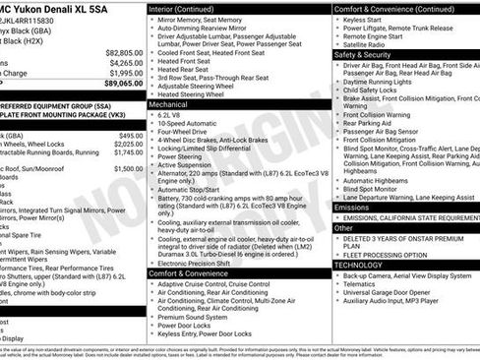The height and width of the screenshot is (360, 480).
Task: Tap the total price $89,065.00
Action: coord(122,84)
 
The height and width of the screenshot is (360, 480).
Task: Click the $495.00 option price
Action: coord(130,136)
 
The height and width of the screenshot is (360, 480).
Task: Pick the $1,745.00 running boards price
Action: coord(128,152)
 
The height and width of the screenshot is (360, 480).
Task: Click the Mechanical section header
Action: coord(168,103)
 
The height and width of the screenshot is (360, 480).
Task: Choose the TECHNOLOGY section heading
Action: coord(358,265)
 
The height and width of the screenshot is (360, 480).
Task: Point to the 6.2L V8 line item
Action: coord(174,114)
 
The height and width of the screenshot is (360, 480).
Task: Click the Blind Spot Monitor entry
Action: coord(380,190)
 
